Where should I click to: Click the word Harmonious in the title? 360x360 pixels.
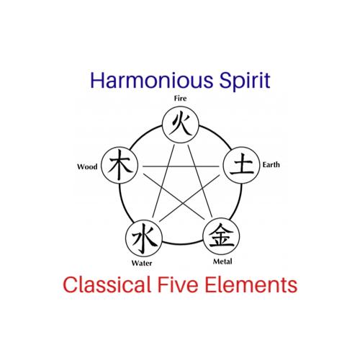152,80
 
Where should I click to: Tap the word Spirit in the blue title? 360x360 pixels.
246,81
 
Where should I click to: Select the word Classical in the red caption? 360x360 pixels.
107,284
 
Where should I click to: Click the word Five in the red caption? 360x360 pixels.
178,284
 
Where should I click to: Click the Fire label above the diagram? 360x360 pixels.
180,99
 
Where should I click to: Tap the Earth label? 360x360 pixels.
271,165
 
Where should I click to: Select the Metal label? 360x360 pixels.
222,261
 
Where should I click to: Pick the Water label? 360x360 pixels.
142,263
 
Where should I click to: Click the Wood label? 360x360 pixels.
87,166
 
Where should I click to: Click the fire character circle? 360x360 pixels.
181,125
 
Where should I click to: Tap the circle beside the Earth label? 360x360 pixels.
241,166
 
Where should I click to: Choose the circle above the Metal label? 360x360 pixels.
221,236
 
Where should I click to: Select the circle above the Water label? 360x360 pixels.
144,238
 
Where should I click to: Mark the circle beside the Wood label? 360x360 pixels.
120,166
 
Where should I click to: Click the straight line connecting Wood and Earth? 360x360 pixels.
181,166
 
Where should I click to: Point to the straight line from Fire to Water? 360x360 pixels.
163,181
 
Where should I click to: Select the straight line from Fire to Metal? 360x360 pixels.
200,181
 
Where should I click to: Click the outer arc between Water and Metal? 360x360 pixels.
182,244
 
